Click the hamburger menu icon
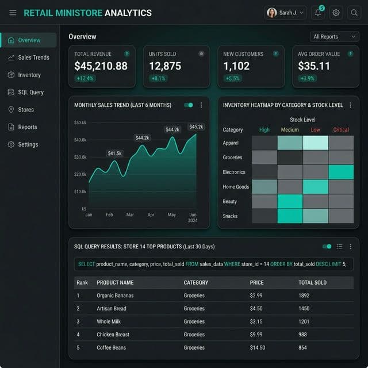[13, 13]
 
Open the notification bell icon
[318, 13]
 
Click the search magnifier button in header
[354, 13]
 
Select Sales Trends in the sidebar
[33, 57]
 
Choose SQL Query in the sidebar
[30, 92]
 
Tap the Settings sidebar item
[28, 144]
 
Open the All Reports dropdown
[334, 37]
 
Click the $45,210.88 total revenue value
[101, 66]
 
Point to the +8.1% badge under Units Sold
[158, 78]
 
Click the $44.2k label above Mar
[142, 138]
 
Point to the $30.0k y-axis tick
[80, 157]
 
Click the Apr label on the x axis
[151, 214]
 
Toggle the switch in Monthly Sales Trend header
[189, 105]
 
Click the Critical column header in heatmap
[341, 129]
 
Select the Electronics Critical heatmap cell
[341, 172]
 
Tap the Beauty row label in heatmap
[230, 201]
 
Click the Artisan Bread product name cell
[112, 308]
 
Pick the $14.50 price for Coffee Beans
[258, 347]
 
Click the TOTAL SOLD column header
[313, 282]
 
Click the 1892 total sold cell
[304, 296]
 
